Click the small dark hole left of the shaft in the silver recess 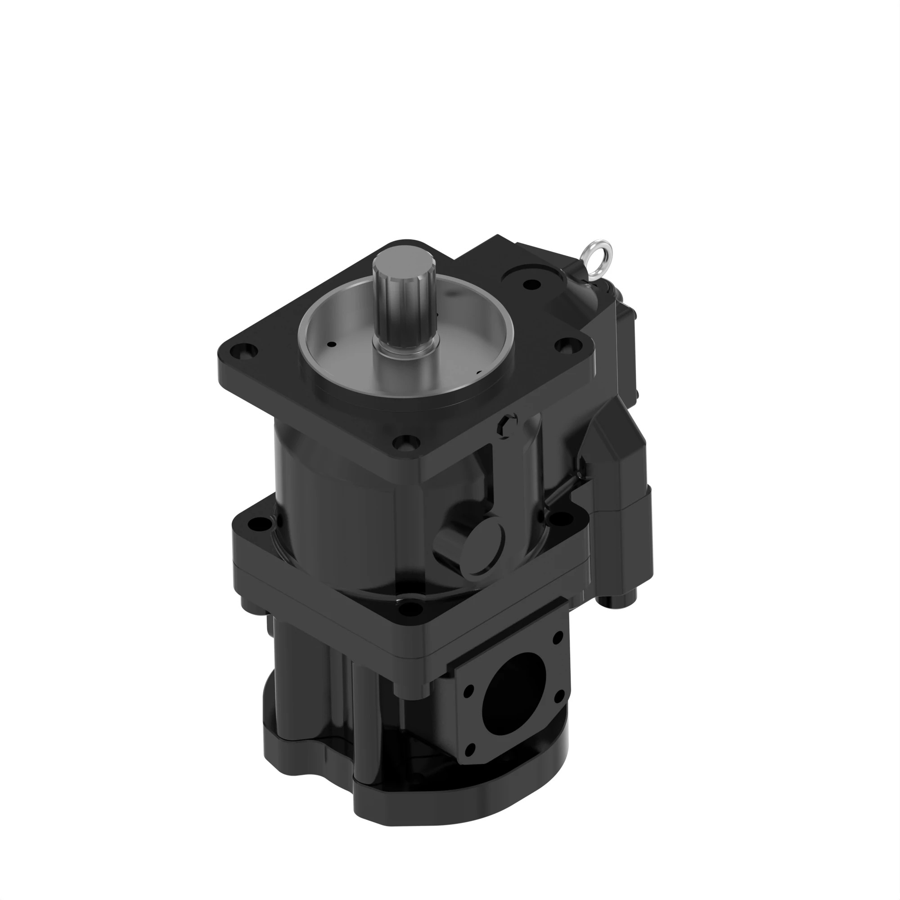point(331,345)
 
